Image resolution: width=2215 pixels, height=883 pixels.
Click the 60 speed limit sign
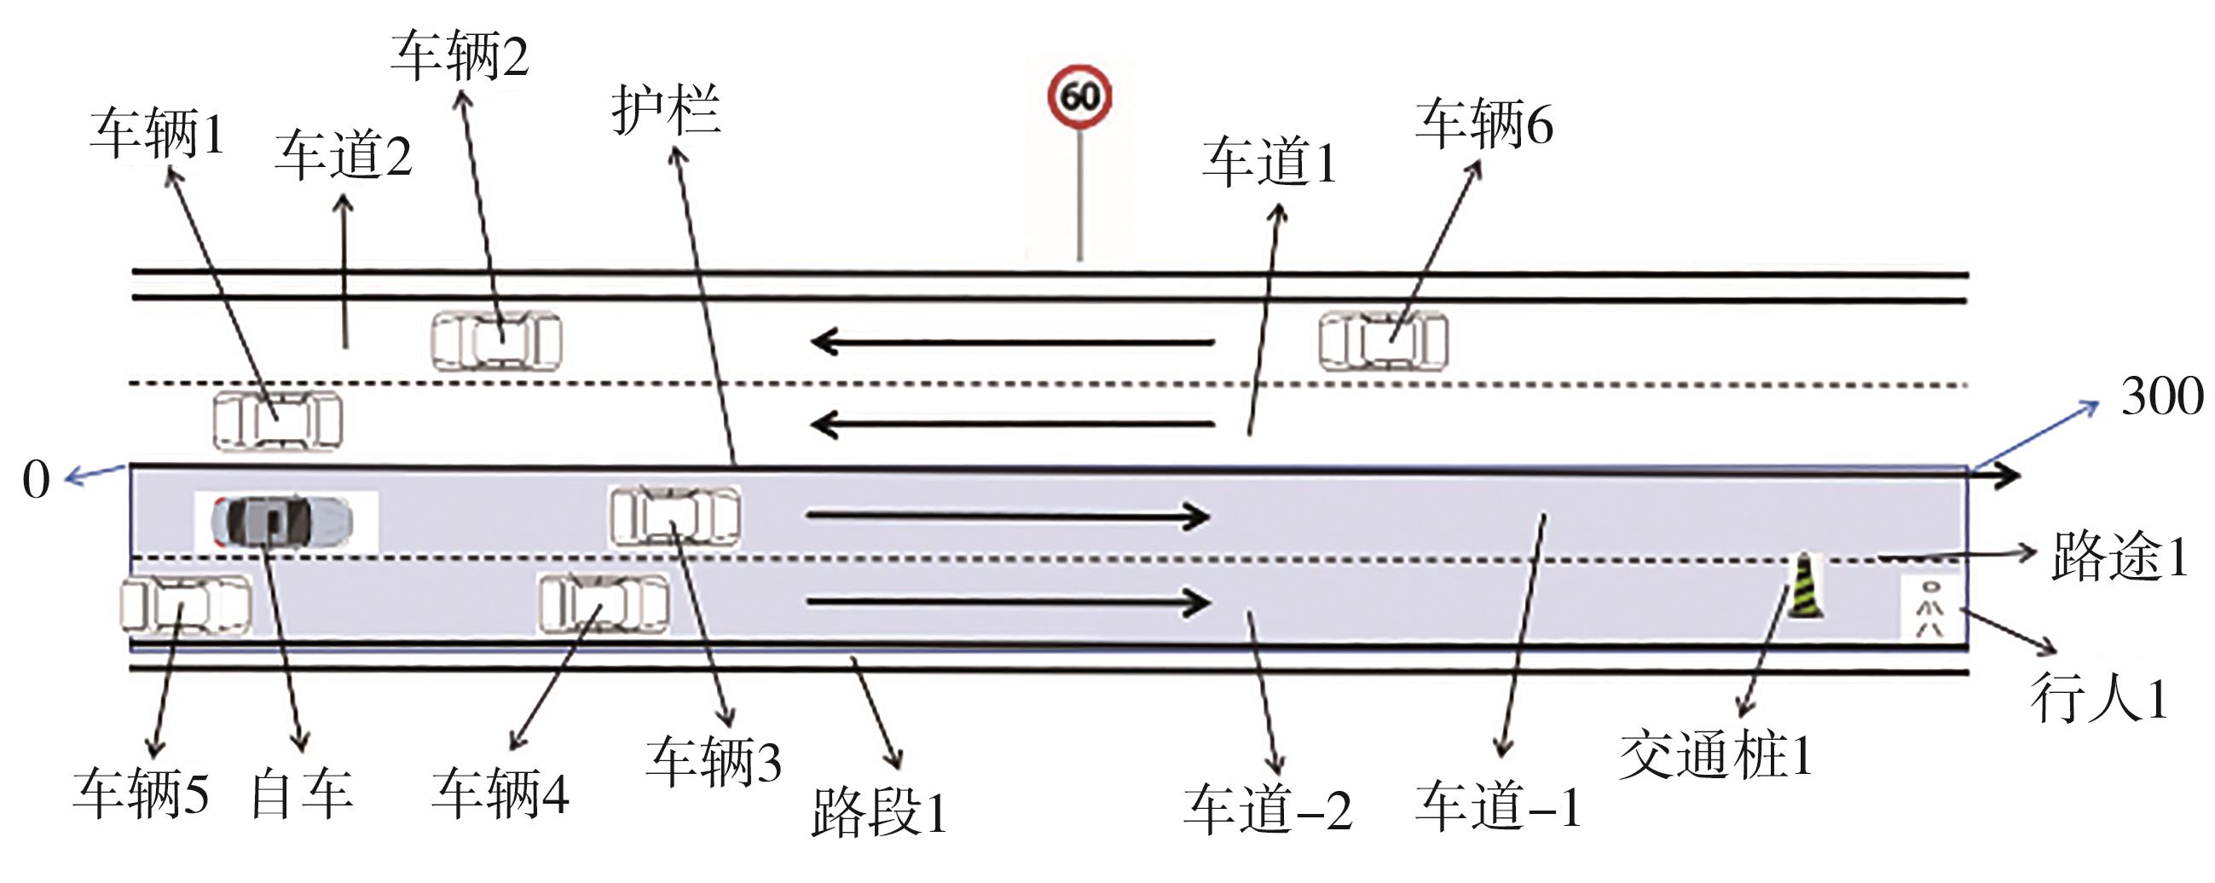pos(1079,96)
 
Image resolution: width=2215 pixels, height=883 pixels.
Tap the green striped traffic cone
pos(1806,587)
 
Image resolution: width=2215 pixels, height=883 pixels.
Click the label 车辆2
pos(460,58)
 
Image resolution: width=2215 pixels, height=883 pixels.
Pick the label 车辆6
pos(1484,124)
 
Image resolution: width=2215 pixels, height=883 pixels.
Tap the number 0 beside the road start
pos(36,480)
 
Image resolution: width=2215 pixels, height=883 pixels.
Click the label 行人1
pos(2099,697)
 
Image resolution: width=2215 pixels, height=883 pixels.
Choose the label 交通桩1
pos(1715,757)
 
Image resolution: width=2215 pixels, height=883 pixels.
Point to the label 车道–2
pos(1268,810)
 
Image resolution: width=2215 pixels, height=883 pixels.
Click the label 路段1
pos(879,811)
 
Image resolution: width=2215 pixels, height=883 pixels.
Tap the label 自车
pos(302,794)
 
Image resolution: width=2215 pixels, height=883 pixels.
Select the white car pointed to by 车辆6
pos(1384,341)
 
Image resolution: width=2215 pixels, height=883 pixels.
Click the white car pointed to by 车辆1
pos(278,420)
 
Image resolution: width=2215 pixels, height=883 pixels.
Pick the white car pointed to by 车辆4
pos(604,603)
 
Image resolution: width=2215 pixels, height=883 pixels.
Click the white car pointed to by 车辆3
pos(675,516)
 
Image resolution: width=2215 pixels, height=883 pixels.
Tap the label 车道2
pos(343,157)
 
